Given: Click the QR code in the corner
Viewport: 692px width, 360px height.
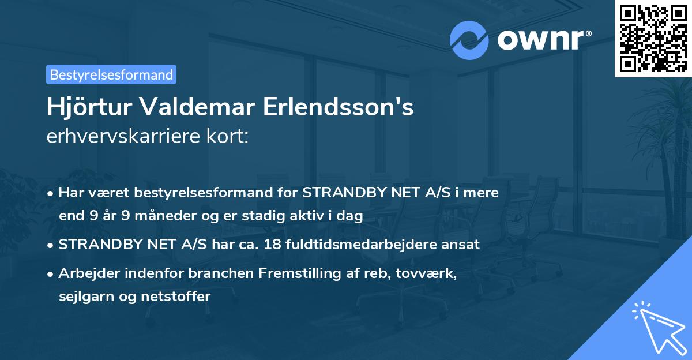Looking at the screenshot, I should pyautogui.click(x=653, y=38).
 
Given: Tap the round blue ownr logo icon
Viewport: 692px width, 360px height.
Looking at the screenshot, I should pyautogui.click(x=469, y=40).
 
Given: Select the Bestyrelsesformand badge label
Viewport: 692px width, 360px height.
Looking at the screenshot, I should pyautogui.click(x=111, y=74).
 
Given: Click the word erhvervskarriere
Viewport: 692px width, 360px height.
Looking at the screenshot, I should pyautogui.click(x=116, y=137).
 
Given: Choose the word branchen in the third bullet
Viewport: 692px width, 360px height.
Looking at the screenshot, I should pyautogui.click(x=186, y=273).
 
